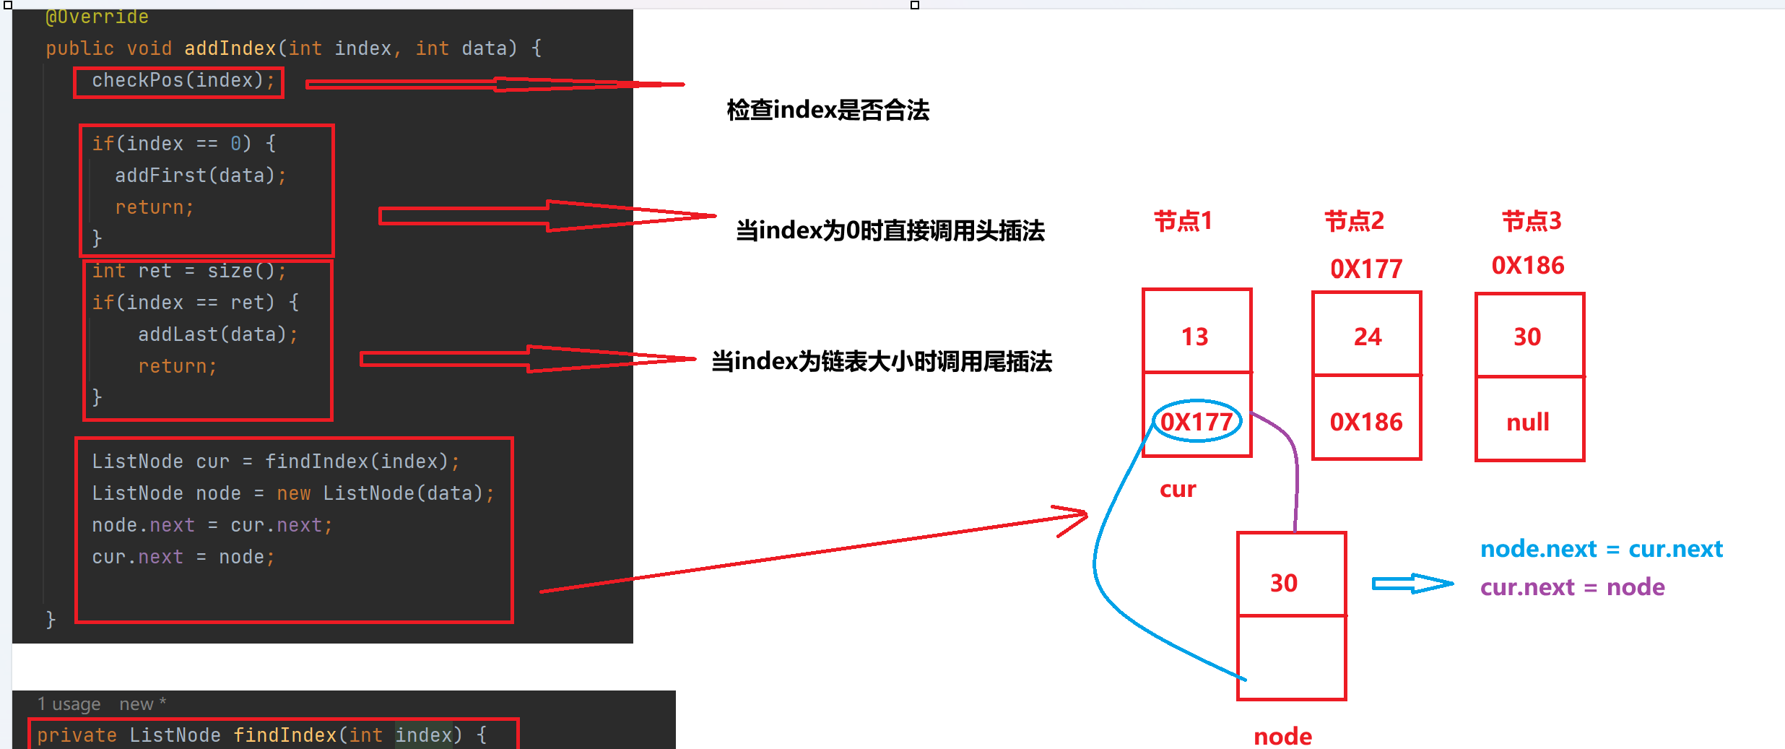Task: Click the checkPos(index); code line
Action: coord(183,80)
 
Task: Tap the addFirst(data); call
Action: coord(200,176)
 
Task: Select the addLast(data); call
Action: coord(217,334)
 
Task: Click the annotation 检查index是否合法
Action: coord(828,111)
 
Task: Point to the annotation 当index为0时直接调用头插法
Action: coord(890,231)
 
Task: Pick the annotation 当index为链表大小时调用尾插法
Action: coord(881,361)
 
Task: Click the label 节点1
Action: coord(1183,221)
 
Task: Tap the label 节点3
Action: coord(1532,221)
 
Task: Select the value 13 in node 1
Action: coord(1195,337)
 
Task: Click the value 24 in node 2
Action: coord(1368,337)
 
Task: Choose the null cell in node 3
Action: coord(1528,422)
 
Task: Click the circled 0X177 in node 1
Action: coord(1196,422)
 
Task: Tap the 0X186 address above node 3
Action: coord(1528,266)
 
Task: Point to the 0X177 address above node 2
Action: coord(1366,269)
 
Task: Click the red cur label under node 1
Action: coord(1178,490)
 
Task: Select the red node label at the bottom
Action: coord(1282,736)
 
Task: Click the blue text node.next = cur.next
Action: coord(1601,549)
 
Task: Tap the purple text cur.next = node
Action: coord(1572,587)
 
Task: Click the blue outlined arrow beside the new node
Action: coord(1412,584)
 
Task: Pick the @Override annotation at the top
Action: coord(97,17)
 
